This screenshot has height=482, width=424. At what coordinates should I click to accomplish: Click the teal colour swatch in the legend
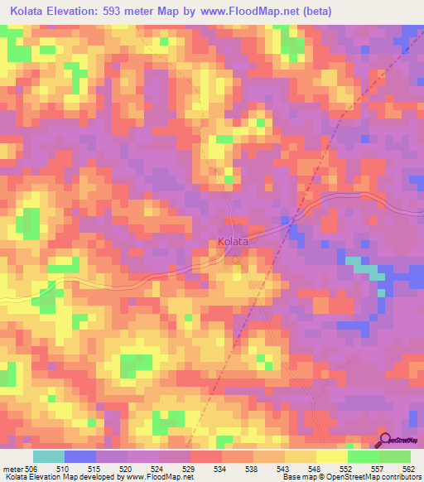pyautogui.click(x=49, y=456)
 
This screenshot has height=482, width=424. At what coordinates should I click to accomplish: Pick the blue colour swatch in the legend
pyautogui.click(x=80, y=456)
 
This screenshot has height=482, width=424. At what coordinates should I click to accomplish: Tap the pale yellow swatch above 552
pyautogui.click(x=331, y=456)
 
